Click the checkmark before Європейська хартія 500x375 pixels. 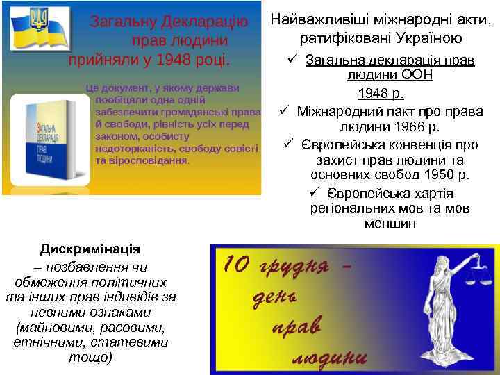click(x=314, y=192)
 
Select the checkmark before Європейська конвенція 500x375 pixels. click(x=289, y=144)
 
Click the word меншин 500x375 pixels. click(x=390, y=224)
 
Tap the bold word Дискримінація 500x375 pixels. click(x=90, y=249)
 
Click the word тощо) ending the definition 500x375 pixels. click(x=90, y=358)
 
